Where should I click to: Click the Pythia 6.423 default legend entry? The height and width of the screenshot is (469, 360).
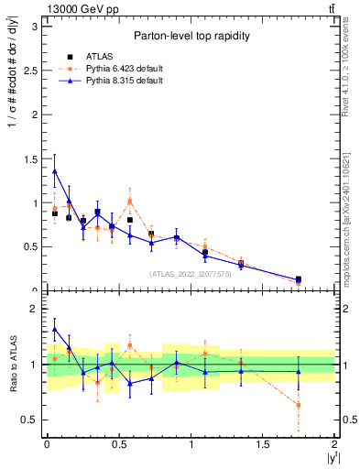coord(122,68)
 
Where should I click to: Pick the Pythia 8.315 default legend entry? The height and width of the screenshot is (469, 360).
coord(122,81)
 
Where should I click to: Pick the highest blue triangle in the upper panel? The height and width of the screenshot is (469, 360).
coord(55,170)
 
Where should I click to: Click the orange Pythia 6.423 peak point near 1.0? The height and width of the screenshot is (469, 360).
coord(130,201)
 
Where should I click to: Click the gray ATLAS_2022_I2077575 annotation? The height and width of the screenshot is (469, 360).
coord(190,273)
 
